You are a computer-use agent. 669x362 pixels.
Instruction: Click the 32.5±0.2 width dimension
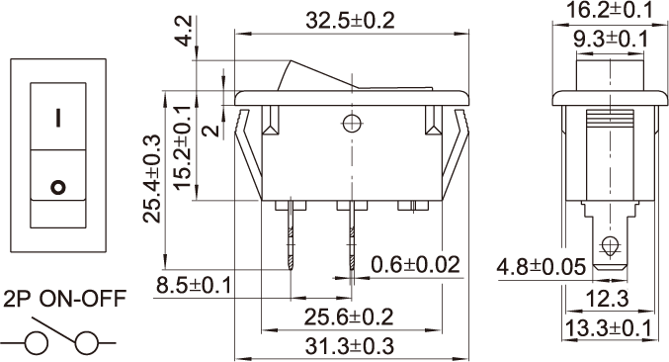click(x=350, y=21)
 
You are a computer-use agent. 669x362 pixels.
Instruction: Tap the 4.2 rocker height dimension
click(x=185, y=32)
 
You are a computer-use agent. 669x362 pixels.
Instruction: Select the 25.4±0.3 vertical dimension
click(x=152, y=178)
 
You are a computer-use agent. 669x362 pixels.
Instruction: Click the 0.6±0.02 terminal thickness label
click(x=416, y=265)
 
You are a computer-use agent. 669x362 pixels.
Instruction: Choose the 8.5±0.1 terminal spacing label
click(x=194, y=285)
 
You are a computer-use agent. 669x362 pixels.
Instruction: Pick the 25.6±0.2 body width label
click(x=348, y=317)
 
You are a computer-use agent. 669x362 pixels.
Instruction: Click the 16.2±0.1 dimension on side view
click(x=610, y=10)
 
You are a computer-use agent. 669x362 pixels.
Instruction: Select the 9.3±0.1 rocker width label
click(x=611, y=40)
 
